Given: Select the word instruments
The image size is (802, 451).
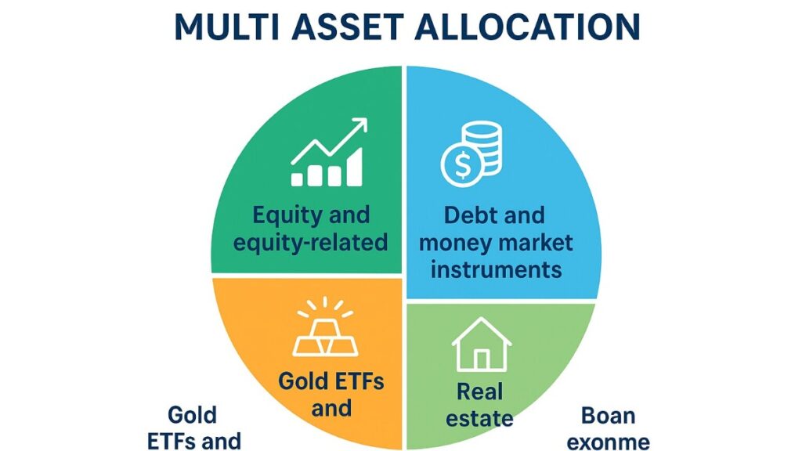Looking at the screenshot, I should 496,269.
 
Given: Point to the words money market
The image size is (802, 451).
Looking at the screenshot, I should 496,242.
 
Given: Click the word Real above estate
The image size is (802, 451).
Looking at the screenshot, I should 479,390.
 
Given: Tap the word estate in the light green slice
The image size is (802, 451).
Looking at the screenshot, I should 479,417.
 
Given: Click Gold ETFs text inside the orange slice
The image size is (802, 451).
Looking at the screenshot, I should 331,382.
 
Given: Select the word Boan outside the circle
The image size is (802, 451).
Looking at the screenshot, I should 608,414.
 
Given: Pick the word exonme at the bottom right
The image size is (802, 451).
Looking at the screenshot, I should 608,442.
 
